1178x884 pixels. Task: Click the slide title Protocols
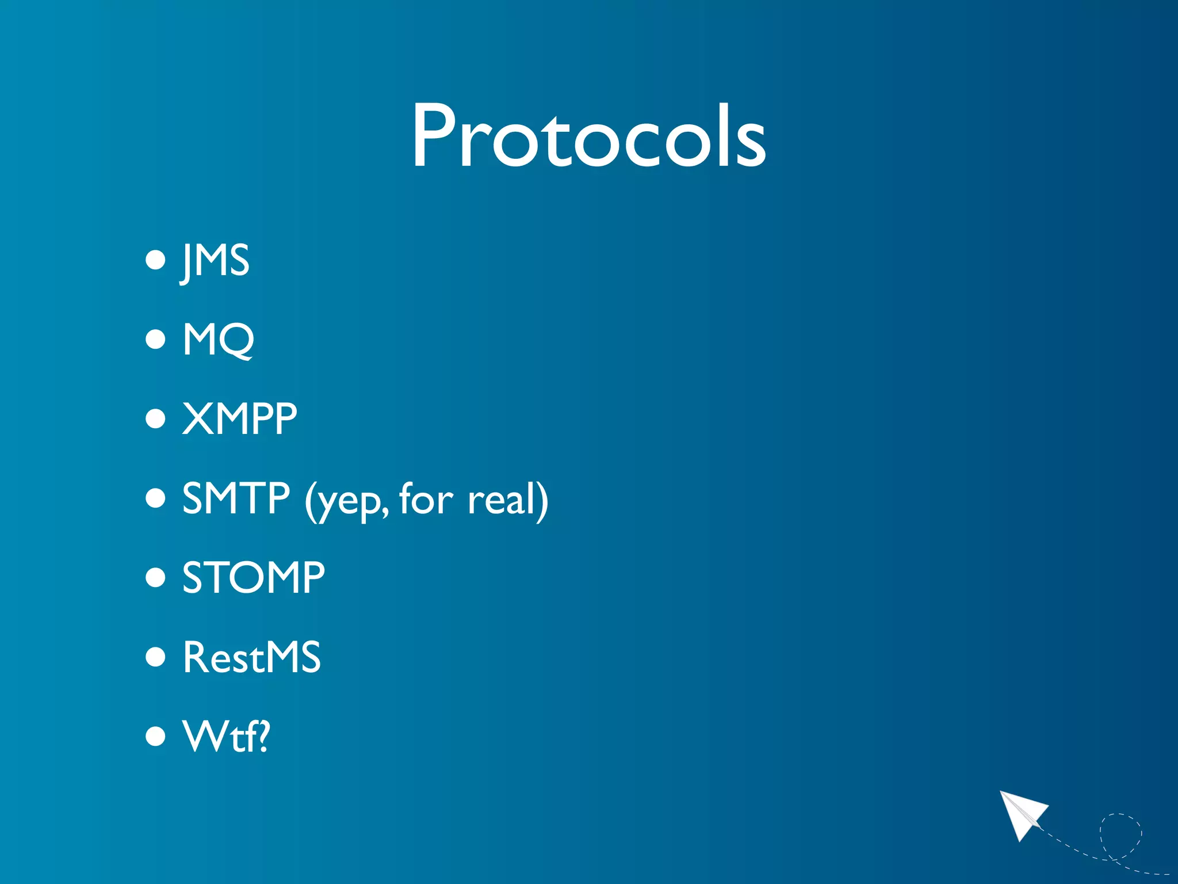pos(588,136)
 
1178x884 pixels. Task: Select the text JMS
pos(215,261)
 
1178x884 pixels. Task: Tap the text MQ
pos(218,340)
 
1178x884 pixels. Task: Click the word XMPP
pos(239,418)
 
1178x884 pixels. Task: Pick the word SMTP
pos(236,498)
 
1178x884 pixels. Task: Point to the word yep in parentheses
pos(349,501)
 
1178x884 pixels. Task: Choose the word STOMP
pos(253,577)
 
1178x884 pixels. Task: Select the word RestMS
pos(251,657)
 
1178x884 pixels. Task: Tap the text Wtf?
pos(226,736)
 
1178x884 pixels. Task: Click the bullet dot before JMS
pos(155,260)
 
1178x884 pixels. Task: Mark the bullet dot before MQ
pos(155,340)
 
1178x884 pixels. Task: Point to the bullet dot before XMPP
pos(155,419)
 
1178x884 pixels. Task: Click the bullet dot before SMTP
pos(155,498)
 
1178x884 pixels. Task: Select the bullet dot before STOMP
pos(155,577)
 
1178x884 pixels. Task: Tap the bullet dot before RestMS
pos(155,657)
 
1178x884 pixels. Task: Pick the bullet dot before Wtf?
pos(155,736)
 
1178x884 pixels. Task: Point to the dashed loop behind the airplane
pos(1120,835)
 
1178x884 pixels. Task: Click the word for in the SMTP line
pos(426,498)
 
